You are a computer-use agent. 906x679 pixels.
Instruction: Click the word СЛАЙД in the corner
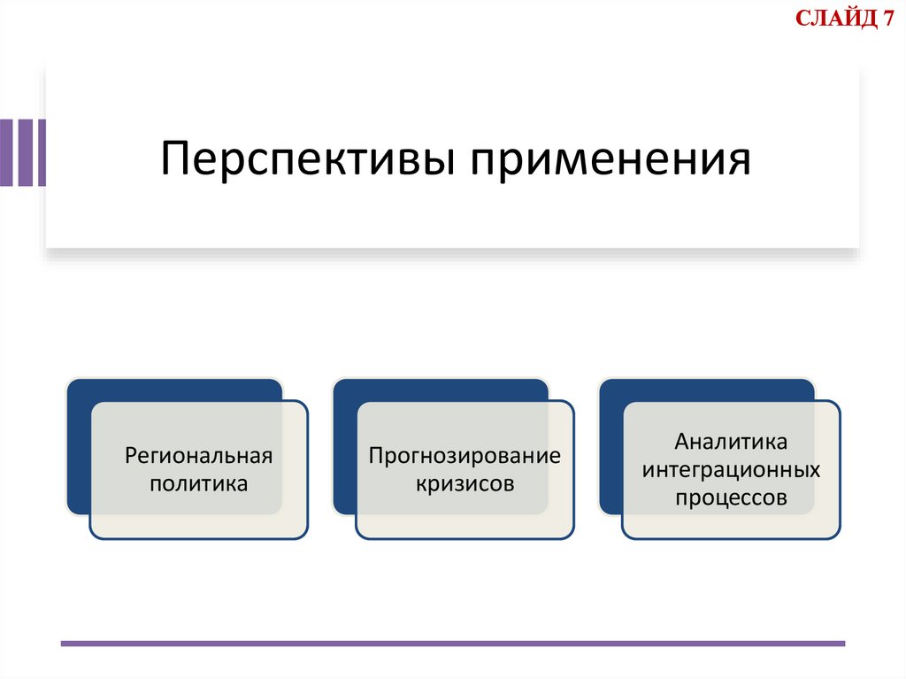(833, 19)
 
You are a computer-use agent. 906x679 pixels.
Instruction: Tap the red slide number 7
(887, 19)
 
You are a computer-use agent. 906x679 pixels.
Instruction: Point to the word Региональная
(198, 457)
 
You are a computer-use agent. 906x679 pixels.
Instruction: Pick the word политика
(198, 484)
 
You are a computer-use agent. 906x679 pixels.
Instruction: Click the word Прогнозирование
(465, 457)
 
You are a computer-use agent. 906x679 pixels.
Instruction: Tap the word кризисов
(465, 484)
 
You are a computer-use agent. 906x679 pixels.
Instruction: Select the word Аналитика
(731, 441)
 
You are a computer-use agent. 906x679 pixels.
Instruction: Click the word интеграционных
(731, 469)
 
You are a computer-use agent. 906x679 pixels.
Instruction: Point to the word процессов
(731, 498)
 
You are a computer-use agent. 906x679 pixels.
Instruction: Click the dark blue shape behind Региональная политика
(80, 443)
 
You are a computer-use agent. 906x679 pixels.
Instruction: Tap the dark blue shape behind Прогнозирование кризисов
(345, 443)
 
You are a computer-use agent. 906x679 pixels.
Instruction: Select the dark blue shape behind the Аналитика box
(611, 443)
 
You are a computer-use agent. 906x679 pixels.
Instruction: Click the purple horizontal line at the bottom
(452, 643)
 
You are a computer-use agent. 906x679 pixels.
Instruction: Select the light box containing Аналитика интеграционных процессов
(731, 524)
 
